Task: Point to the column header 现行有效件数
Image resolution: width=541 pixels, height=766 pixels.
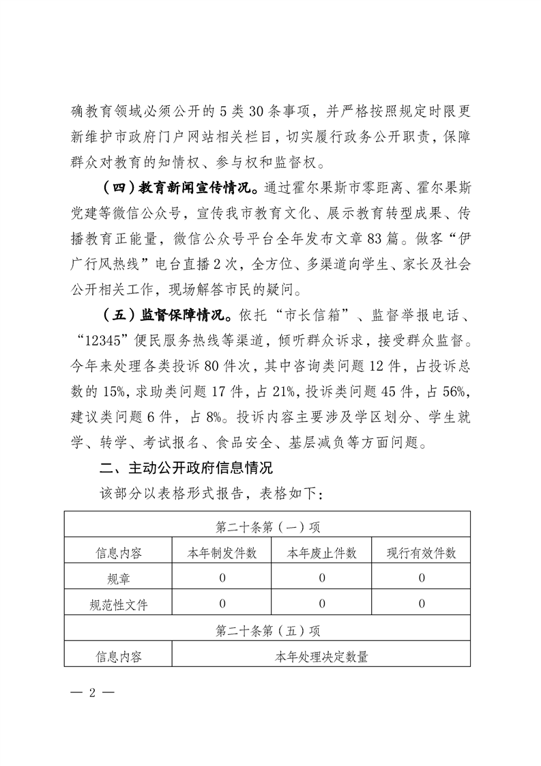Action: coord(422,553)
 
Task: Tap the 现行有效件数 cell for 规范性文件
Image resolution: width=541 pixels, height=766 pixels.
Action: coord(422,604)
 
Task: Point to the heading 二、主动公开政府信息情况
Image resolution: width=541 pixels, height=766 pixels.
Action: coord(186,469)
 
